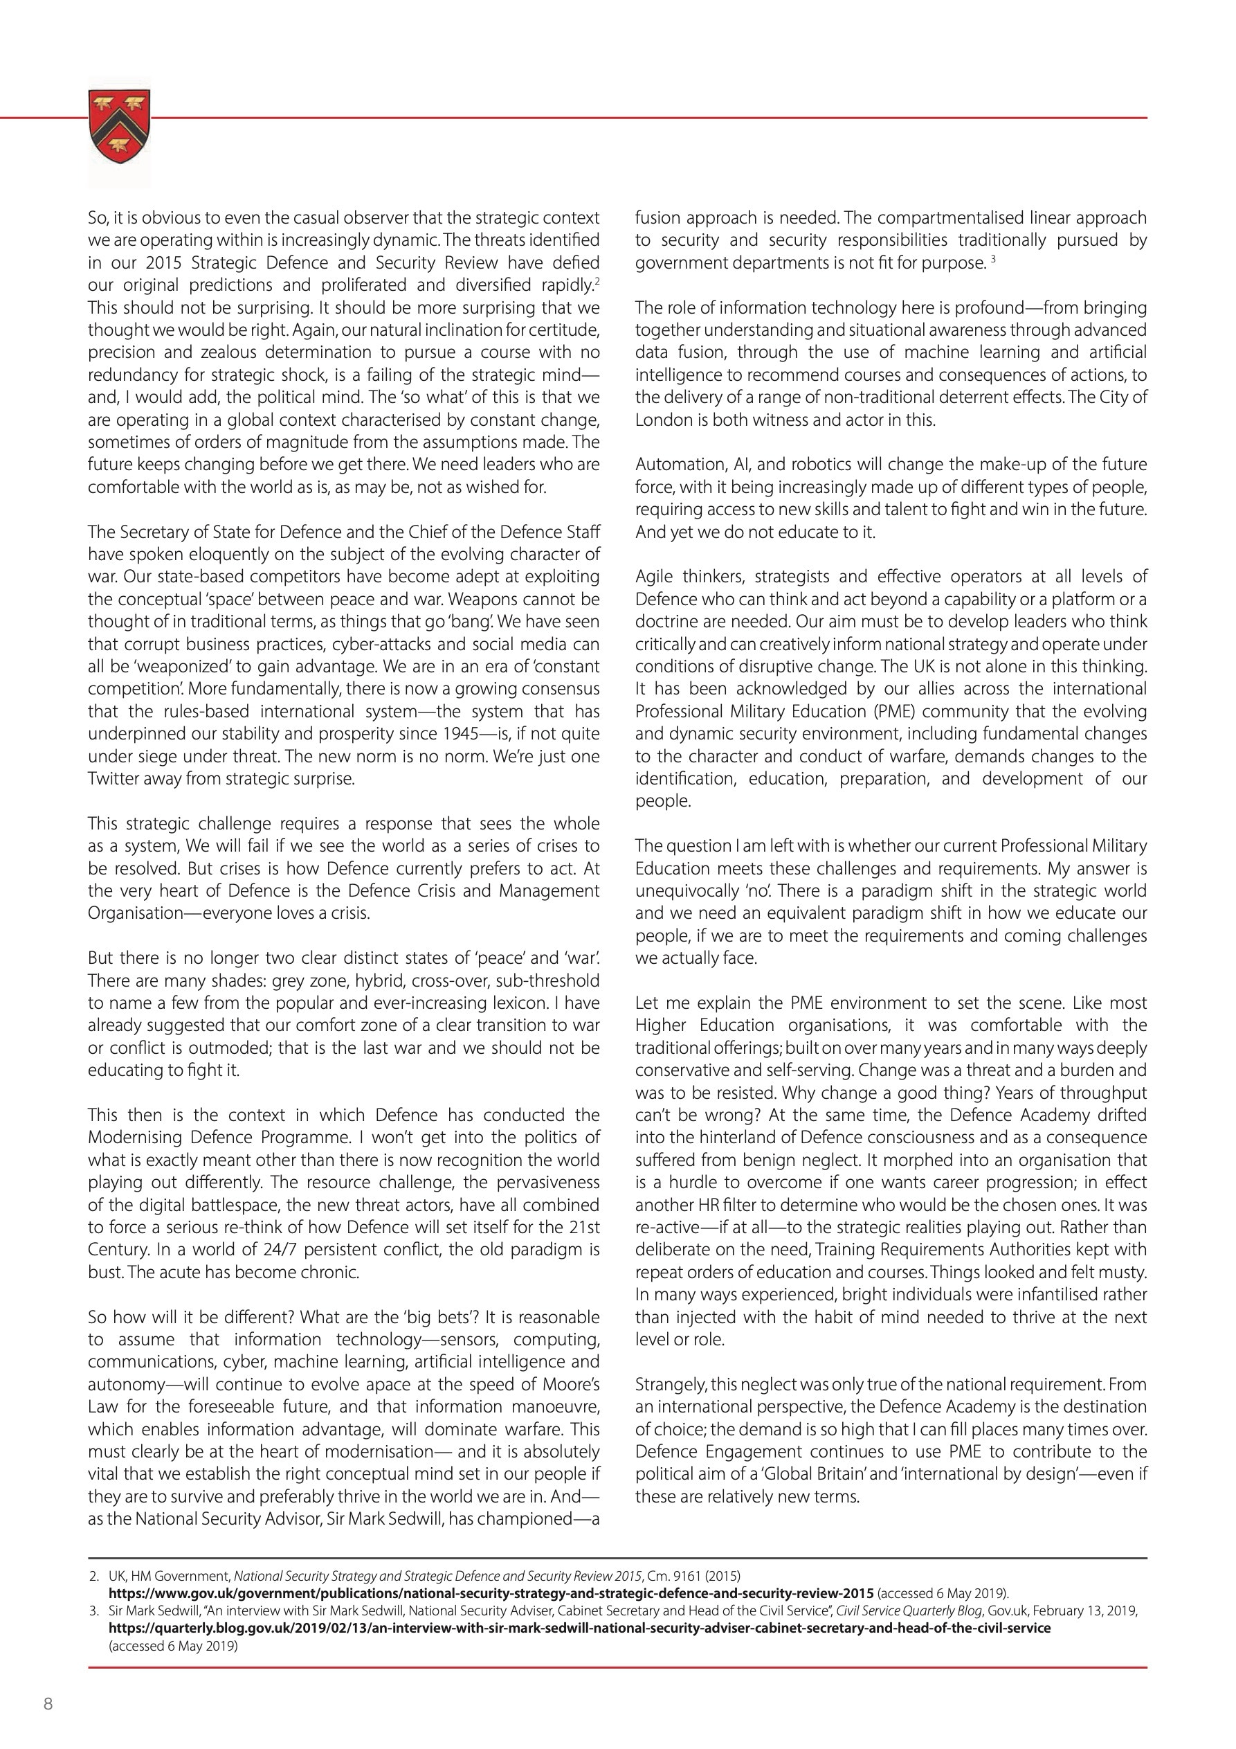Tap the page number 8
pos(48,1705)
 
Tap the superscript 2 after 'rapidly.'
pos(597,282)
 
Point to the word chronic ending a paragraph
pos(331,1273)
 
